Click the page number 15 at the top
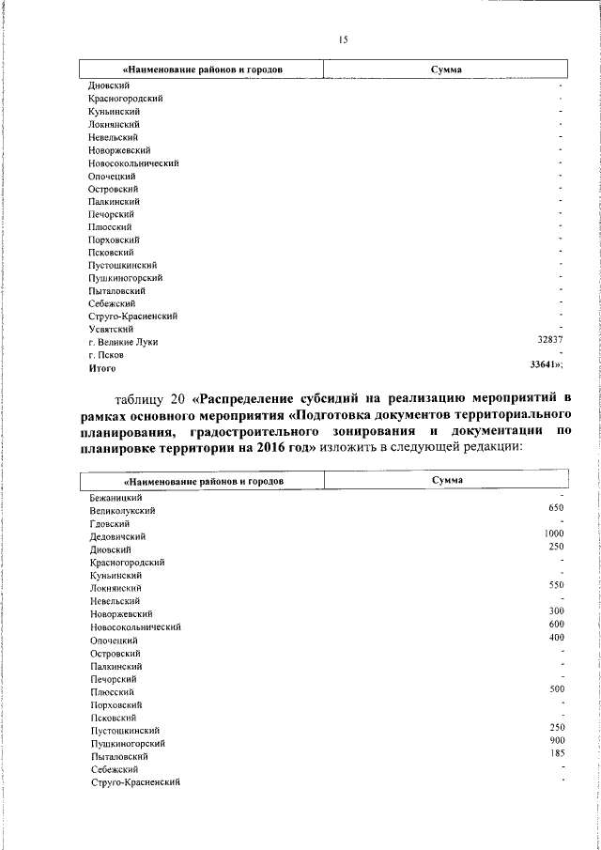click(343, 39)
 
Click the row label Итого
click(102, 368)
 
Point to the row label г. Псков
click(106, 355)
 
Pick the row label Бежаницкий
click(116, 496)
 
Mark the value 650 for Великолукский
click(555, 508)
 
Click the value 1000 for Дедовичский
click(553, 534)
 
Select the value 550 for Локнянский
click(555, 585)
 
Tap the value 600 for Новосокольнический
click(555, 624)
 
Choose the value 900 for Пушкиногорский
click(555, 740)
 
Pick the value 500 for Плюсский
click(555, 689)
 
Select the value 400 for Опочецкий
click(555, 638)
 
